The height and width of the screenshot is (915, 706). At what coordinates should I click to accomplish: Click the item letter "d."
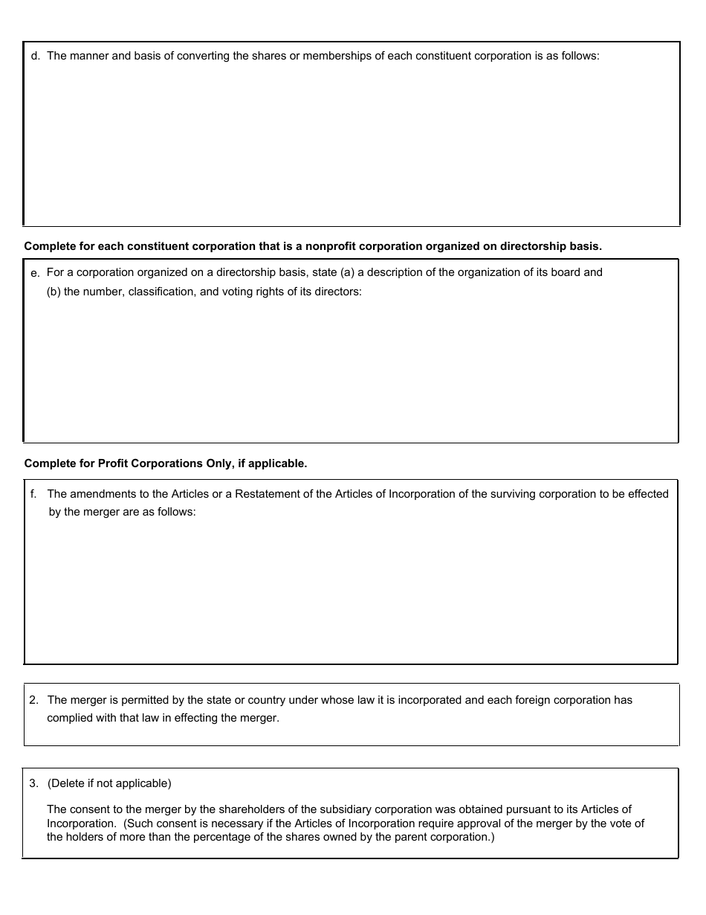(x=36, y=57)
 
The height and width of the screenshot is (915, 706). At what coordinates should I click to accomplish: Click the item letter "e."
(x=35, y=274)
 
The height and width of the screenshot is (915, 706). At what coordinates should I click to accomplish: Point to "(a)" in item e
(x=347, y=272)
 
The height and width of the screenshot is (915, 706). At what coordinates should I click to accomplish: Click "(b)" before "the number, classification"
(x=54, y=292)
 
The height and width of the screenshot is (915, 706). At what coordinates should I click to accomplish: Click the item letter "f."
(x=33, y=494)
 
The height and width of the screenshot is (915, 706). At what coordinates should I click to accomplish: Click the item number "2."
(x=33, y=700)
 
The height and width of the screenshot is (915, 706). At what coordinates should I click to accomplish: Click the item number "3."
(x=33, y=783)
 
